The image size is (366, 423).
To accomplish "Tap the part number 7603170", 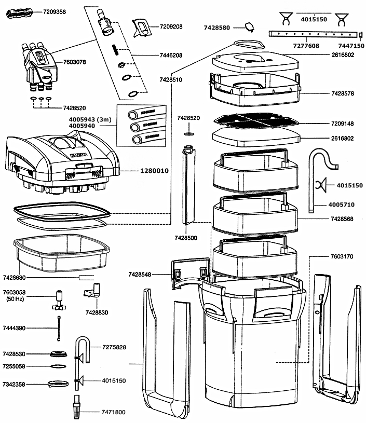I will (341, 256).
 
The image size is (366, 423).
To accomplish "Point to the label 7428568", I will (341, 219).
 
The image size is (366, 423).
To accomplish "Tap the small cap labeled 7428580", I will (250, 27).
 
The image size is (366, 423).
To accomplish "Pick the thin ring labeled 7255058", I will (59, 366).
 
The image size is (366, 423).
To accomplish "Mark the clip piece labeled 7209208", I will (141, 28).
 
